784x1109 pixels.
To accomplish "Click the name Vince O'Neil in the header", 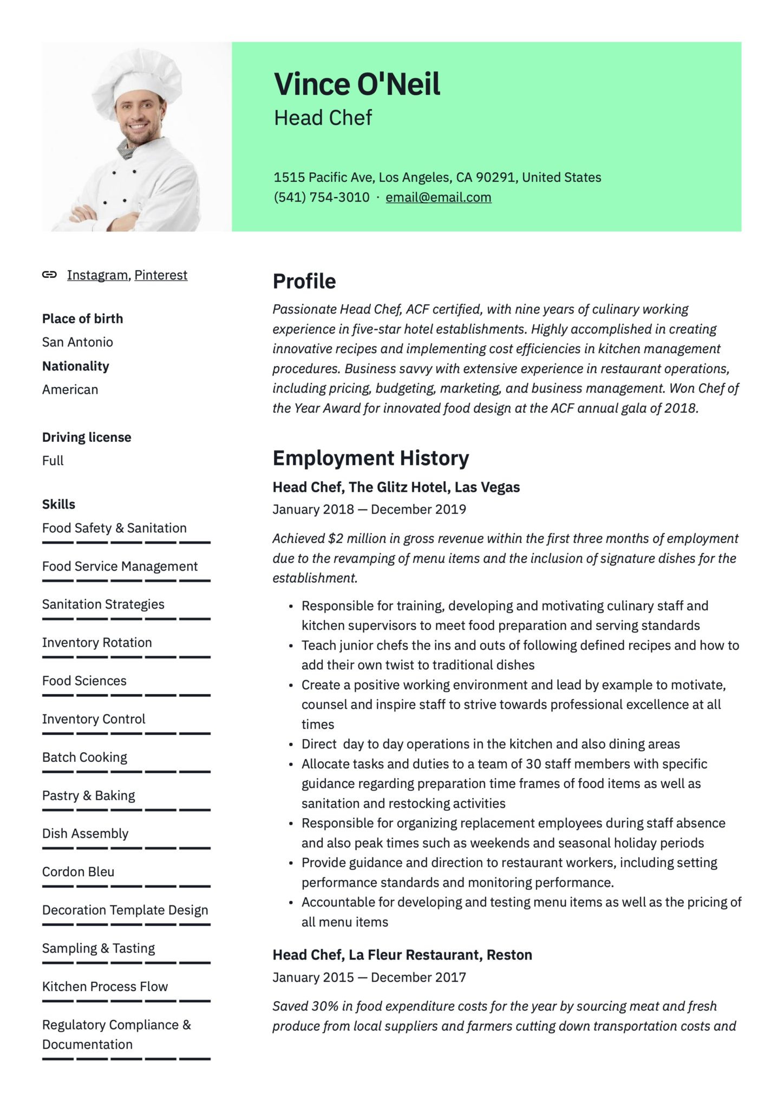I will pos(357,84).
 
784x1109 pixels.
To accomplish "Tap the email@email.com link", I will pos(438,198).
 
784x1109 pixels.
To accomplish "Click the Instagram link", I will pos(97,275).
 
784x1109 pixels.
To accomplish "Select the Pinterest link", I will pos(161,275).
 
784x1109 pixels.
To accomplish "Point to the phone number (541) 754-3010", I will pos(322,198).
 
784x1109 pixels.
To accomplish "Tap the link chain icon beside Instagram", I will pos(49,275).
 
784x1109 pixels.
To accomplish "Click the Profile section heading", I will pos(304,282).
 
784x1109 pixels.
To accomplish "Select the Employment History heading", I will pos(371,458).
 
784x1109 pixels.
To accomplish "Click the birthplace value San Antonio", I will pos(77,342).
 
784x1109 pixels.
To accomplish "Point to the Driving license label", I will pos(87,438).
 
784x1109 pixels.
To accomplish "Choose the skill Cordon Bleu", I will pos(79,872).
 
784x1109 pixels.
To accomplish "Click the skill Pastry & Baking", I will pos(89,795).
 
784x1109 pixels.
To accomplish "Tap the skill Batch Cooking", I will pos(85,758).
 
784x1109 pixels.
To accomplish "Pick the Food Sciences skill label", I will pos(84,681).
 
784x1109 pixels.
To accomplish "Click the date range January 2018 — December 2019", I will pos(369,510).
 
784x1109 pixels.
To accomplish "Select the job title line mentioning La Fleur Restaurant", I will pos(402,955).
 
